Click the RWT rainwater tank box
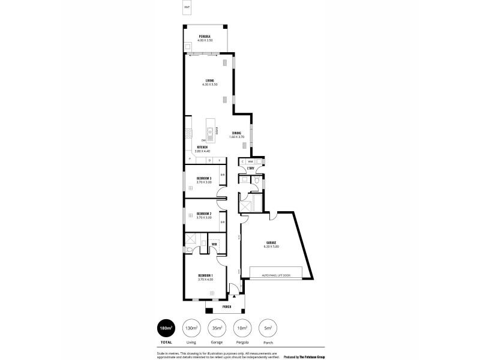[187, 8]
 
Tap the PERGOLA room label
[205, 37]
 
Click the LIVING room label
[210, 80]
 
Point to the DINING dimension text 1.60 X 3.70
[237, 137]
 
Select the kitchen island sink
[211, 128]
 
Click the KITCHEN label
[202, 146]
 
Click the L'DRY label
[251, 169]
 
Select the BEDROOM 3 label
[205, 178]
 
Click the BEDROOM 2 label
[205, 214]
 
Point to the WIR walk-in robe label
[214, 244]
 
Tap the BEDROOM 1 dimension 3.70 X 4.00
[206, 280]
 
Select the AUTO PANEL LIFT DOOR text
[275, 275]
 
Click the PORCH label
[226, 307]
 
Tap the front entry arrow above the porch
[234, 296]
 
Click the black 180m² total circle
[166, 328]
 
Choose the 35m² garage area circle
[217, 328]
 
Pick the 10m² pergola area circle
[242, 328]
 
